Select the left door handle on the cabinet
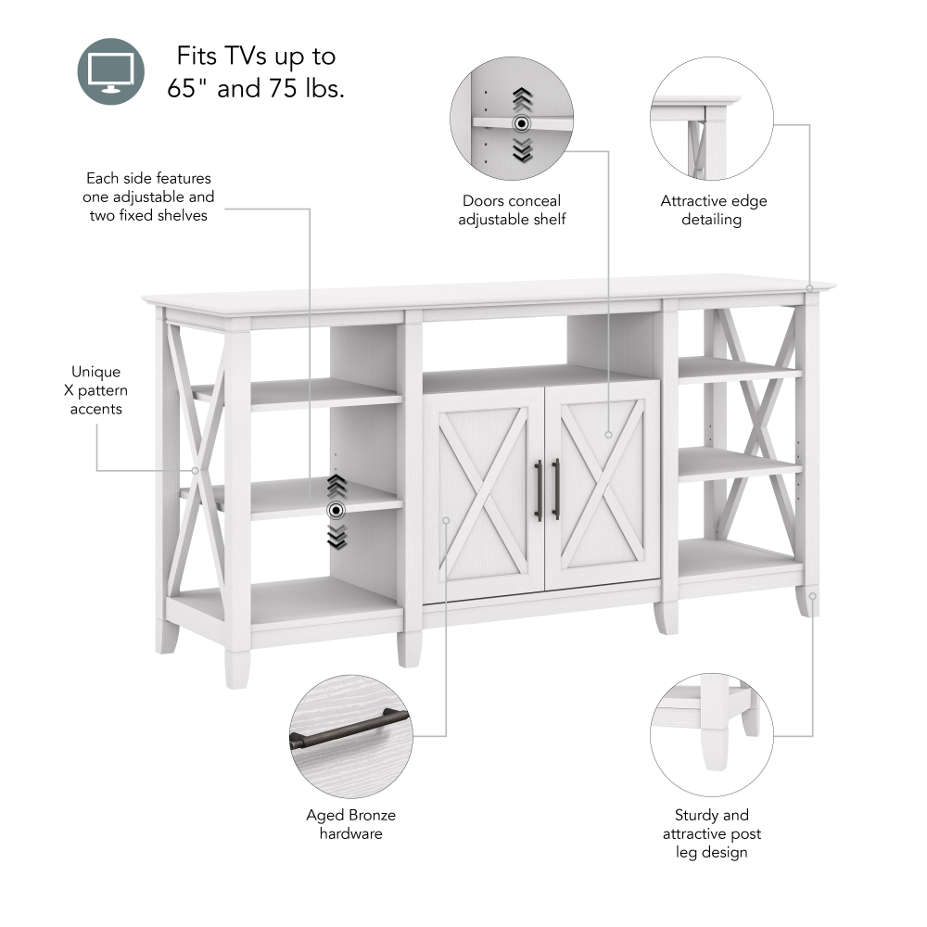point(538,489)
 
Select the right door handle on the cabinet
point(556,489)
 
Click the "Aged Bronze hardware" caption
point(350,824)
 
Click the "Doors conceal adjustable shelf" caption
point(512,210)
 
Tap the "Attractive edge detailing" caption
point(713,210)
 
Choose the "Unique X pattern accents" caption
point(95,390)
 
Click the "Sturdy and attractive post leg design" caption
point(711,833)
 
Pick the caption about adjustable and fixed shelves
point(149,197)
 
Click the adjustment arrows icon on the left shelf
point(337,510)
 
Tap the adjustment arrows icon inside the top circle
point(522,122)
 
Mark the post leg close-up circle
point(711,734)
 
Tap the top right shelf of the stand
point(739,370)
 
